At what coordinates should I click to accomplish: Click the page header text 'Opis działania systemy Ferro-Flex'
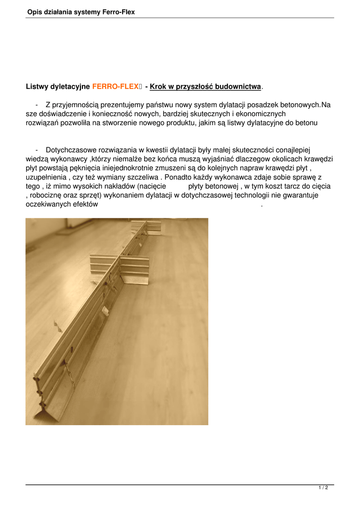click(x=81, y=11)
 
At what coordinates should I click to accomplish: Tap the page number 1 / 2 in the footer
click(x=323, y=488)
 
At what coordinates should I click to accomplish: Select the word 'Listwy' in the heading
click(x=37, y=86)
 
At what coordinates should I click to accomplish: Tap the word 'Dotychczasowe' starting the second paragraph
click(x=69, y=150)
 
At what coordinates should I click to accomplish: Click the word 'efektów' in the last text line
click(x=85, y=204)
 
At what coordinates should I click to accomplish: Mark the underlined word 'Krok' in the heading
click(x=158, y=86)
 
